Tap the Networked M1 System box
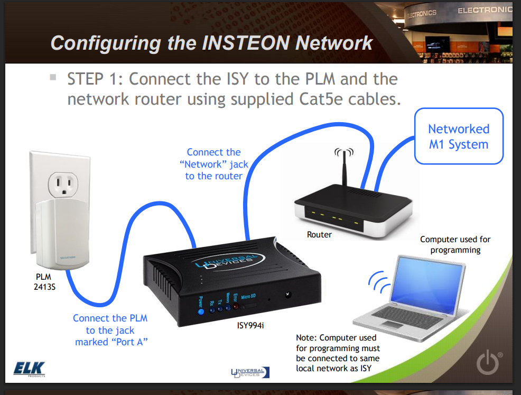point(459,136)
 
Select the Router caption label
point(320,234)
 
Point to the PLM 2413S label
point(45,281)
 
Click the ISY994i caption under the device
point(250,325)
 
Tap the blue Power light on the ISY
point(201,312)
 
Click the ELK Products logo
point(30,369)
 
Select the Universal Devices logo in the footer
point(248,372)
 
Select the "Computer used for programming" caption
point(455,244)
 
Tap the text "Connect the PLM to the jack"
point(110,324)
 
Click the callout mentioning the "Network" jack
point(213,164)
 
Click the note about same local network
point(338,353)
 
